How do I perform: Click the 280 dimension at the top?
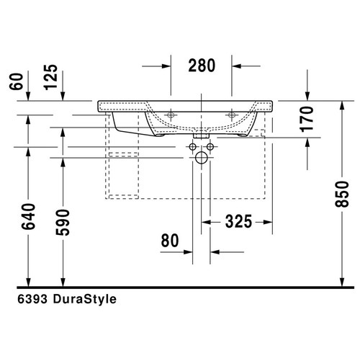[202, 66]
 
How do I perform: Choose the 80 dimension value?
[169, 241]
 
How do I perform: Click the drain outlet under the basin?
[202, 133]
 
